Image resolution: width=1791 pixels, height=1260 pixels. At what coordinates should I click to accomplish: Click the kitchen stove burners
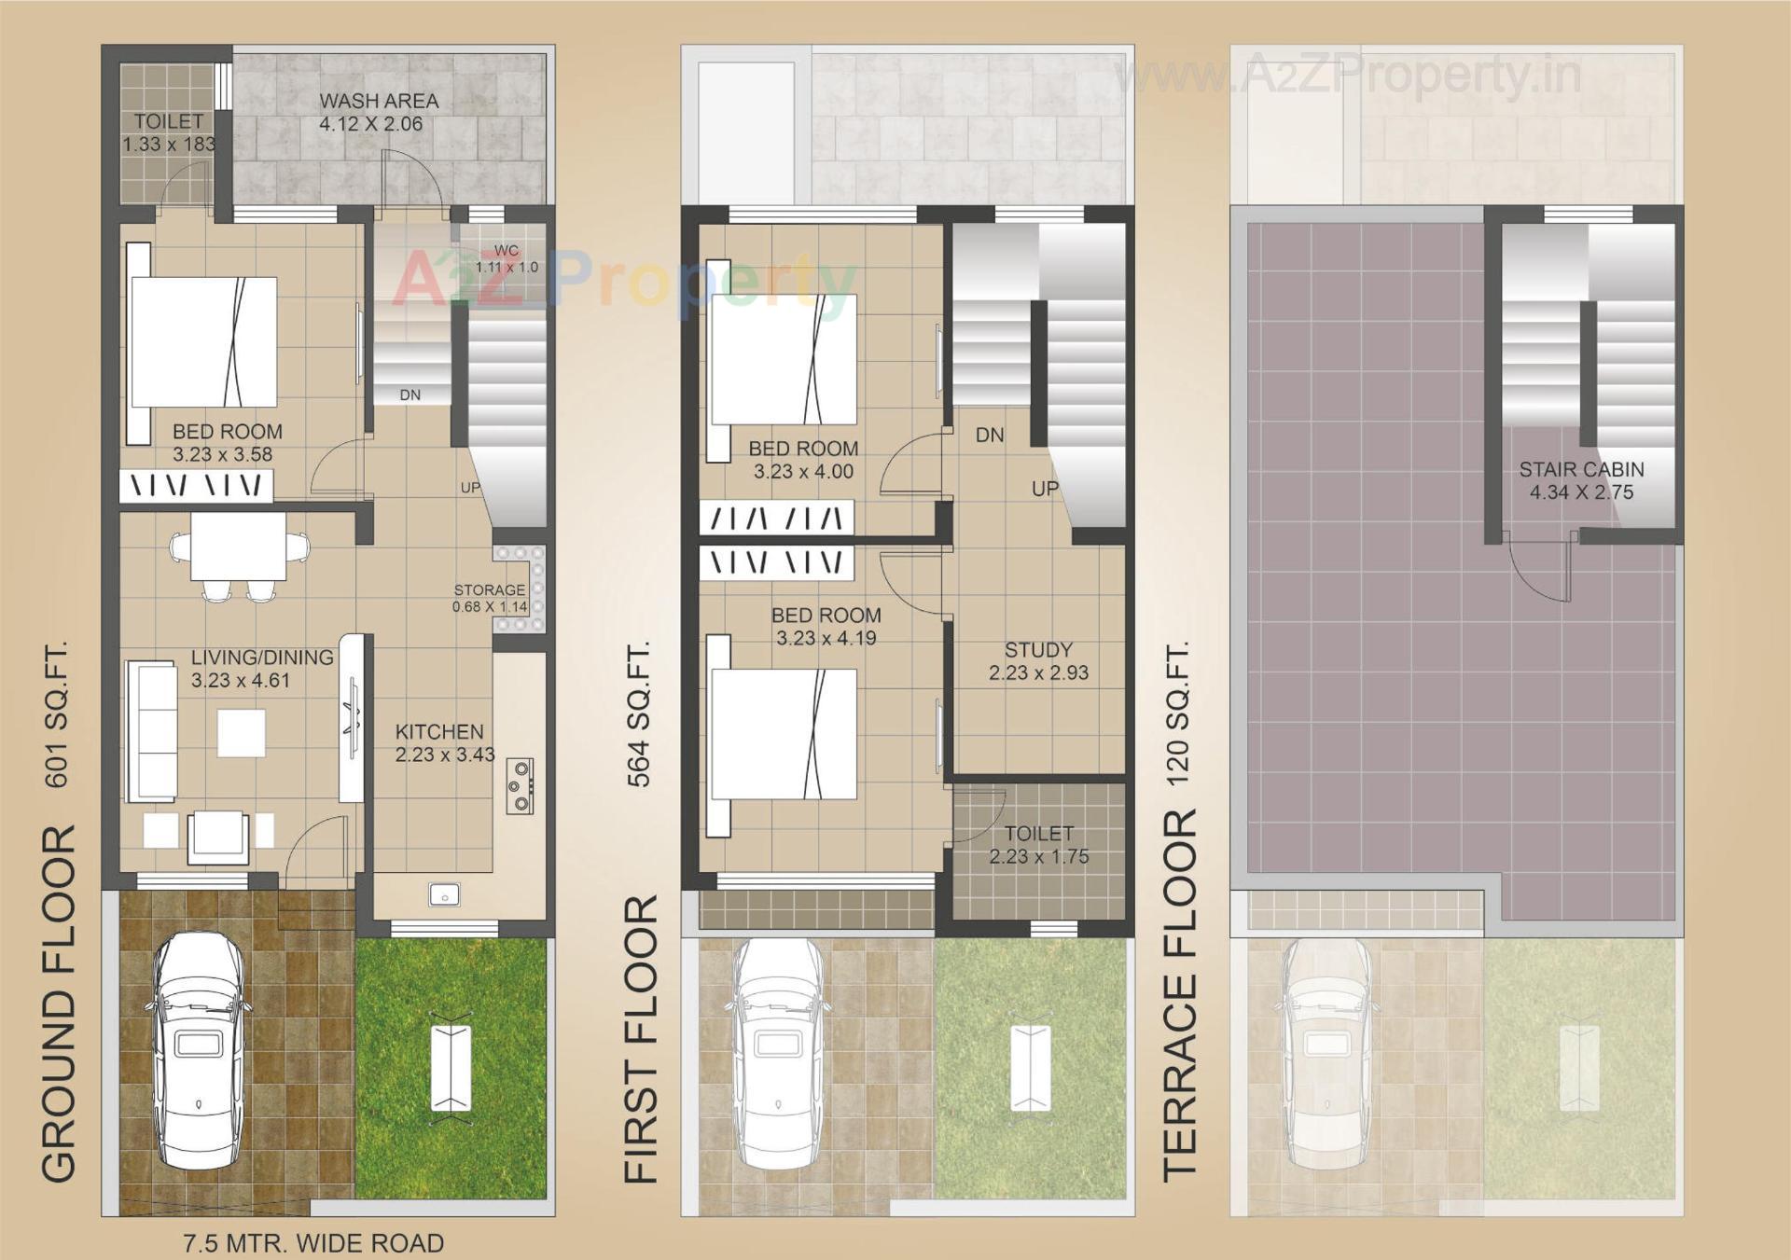click(x=520, y=785)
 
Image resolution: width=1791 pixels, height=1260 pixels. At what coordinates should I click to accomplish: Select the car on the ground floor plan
click(x=199, y=1051)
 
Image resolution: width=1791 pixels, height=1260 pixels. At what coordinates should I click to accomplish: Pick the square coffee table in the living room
click(x=242, y=732)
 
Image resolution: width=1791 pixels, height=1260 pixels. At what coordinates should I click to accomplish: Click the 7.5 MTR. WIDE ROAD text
click(x=313, y=1243)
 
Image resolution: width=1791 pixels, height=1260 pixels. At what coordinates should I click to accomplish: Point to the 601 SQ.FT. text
click(x=57, y=713)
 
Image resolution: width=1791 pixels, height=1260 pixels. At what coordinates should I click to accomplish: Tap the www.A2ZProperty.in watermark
click(x=1348, y=75)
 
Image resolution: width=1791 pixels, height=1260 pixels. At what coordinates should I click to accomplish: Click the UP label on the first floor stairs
click(x=1045, y=489)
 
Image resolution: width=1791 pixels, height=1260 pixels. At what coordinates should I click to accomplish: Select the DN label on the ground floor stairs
click(x=410, y=395)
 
